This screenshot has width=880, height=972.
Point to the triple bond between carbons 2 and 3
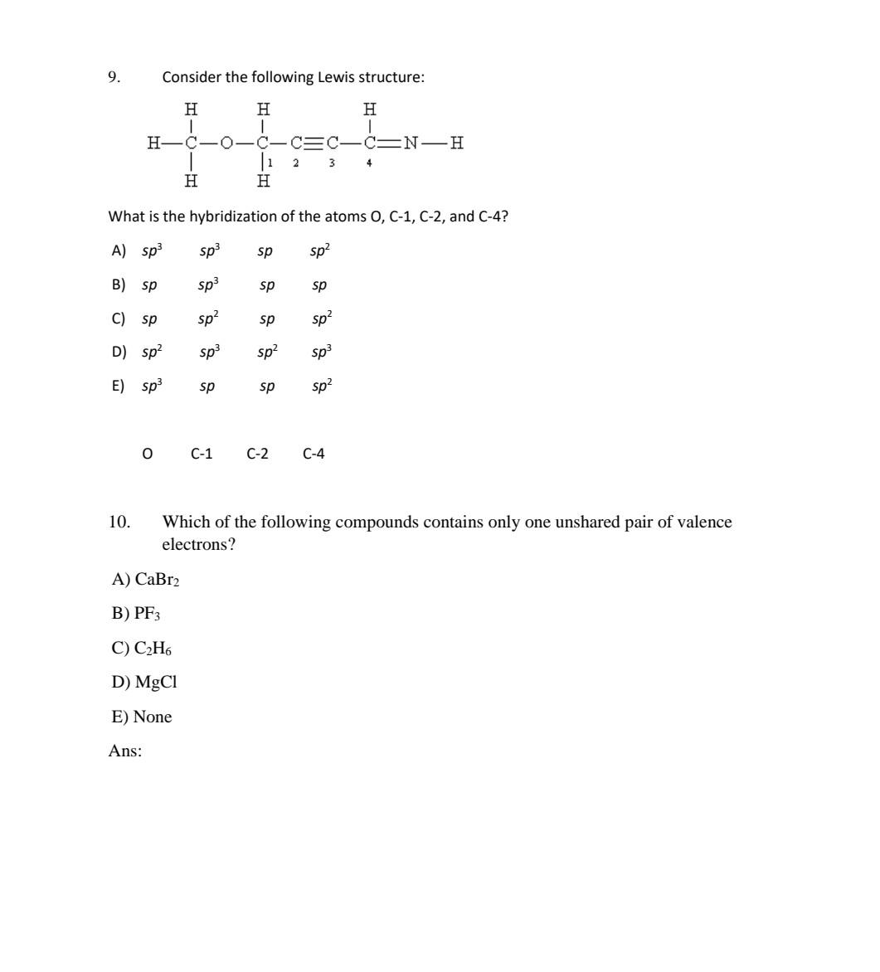click(x=314, y=143)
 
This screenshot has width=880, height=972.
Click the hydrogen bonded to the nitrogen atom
click(x=456, y=143)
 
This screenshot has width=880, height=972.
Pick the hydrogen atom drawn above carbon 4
click(x=369, y=109)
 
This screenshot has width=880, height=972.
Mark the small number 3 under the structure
click(x=332, y=163)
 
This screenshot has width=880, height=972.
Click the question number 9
click(x=114, y=77)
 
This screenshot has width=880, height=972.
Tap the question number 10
click(x=119, y=522)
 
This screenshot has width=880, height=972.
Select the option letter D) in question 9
click(x=119, y=352)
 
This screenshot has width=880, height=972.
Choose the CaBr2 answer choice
click(x=146, y=580)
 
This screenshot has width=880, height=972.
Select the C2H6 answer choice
click(x=142, y=649)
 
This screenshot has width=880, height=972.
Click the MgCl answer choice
click(x=144, y=683)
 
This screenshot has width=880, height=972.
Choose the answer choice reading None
click(x=142, y=717)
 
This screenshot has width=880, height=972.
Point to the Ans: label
click(x=125, y=751)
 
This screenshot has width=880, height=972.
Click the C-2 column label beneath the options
click(x=257, y=454)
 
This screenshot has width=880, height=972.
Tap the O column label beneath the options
click(x=148, y=454)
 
